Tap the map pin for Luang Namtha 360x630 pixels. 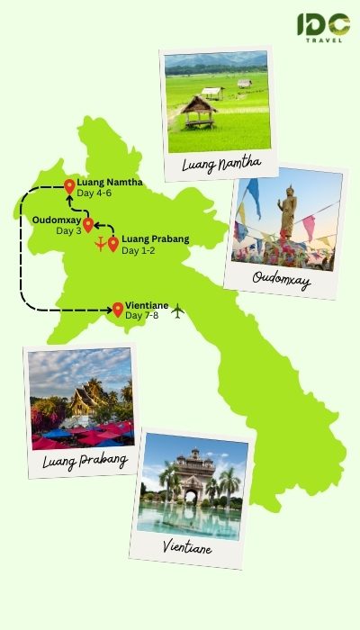[69, 186]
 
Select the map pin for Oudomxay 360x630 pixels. [88, 223]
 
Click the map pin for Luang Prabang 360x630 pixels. [113, 243]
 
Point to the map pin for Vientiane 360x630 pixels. [118, 310]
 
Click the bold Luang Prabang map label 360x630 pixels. [154, 238]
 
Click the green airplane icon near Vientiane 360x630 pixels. [176, 311]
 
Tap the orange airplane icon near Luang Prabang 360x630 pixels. [99, 246]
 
